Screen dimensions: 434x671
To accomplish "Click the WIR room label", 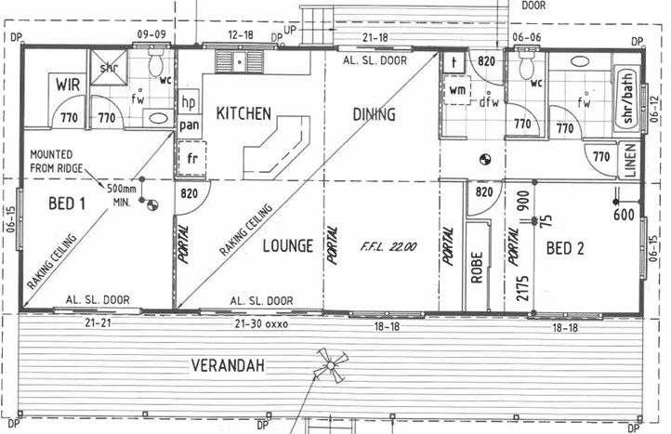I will [x=68, y=85].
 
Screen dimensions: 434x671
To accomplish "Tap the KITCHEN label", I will [x=243, y=113].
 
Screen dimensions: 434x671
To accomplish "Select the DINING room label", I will [x=375, y=114].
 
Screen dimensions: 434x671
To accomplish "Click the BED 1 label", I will [x=66, y=204].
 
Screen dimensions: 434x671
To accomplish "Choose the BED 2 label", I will [x=565, y=248].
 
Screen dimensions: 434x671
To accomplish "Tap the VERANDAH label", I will [x=229, y=365].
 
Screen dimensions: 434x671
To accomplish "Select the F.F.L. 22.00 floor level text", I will [x=388, y=247].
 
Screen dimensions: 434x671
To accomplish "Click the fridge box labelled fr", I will [x=193, y=158].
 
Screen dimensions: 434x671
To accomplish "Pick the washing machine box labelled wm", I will [x=457, y=90].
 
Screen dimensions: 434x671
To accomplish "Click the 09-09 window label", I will [x=151, y=34].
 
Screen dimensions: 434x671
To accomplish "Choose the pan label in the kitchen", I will [x=190, y=124].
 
